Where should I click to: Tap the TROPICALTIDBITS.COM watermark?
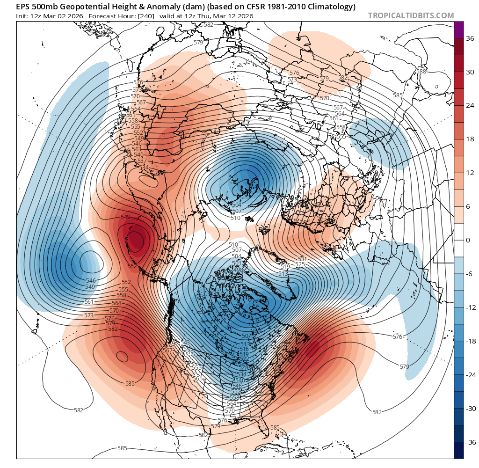[x=411, y=15]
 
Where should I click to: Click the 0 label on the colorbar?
[x=467, y=240]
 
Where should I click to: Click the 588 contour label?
[x=421, y=71]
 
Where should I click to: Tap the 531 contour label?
[x=302, y=259]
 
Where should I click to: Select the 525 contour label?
[x=300, y=264]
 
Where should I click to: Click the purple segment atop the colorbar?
[x=459, y=29]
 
